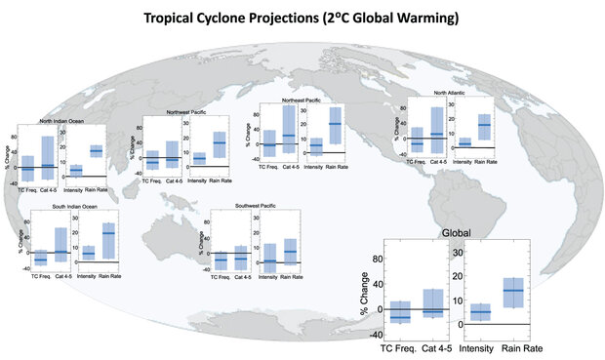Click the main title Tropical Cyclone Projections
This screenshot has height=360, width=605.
[302, 18]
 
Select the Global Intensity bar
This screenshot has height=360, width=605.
[480, 312]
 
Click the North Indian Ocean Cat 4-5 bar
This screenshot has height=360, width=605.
[48, 156]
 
